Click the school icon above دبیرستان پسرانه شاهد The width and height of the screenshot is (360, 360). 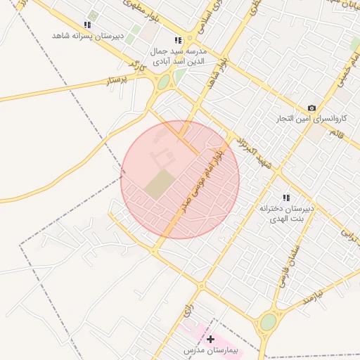(x=87, y=25)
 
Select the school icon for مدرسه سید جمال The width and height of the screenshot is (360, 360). (x=178, y=41)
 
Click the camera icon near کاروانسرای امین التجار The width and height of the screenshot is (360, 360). (x=311, y=108)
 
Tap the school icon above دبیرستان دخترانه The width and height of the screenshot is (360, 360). (x=285, y=198)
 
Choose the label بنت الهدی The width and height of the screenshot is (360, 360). (x=288, y=219)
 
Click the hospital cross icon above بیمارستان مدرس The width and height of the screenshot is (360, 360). (x=210, y=339)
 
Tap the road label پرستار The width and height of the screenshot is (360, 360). (x=117, y=81)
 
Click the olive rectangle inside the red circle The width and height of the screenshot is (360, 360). (x=160, y=184)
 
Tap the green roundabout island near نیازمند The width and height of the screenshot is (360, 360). (x=269, y=322)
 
